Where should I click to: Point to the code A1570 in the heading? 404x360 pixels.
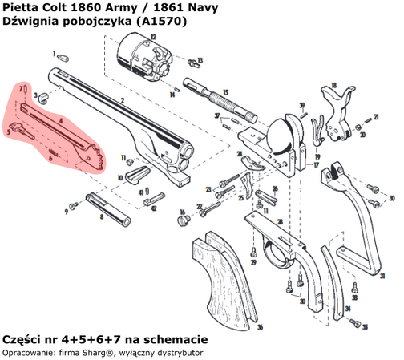point(164,22)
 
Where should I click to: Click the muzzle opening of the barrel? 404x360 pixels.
point(187,152)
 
